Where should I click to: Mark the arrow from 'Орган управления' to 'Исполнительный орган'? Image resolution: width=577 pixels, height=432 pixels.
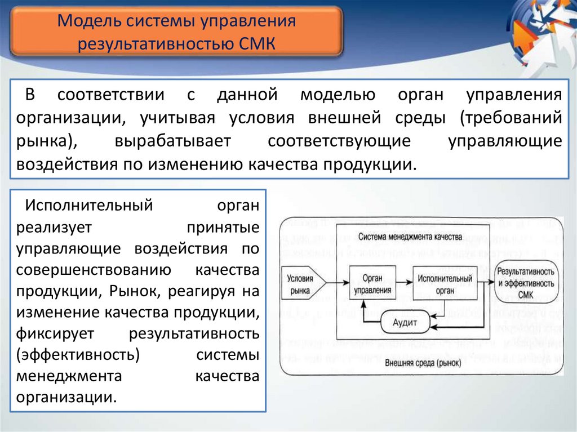pyautogui.click(x=403, y=280)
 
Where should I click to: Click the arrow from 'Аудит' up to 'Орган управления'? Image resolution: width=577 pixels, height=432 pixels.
pyautogui.click(x=365, y=315)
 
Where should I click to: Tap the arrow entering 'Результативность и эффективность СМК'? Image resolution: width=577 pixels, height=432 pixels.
pyautogui.click(x=485, y=280)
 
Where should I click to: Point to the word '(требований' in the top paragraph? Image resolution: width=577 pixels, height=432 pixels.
pyautogui.click(x=511, y=118)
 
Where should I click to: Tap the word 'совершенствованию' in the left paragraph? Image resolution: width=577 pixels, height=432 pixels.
pyautogui.click(x=94, y=270)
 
